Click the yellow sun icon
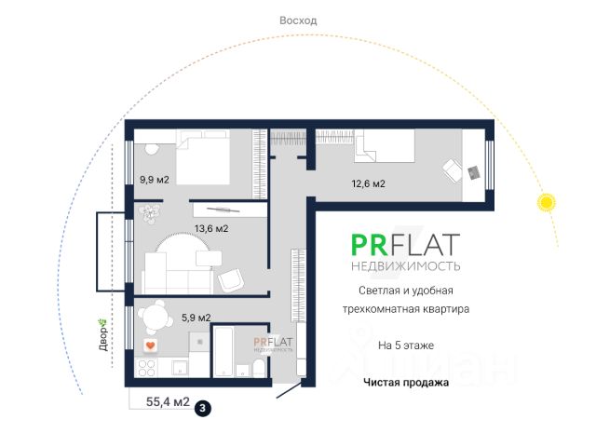pyautogui.click(x=546, y=202)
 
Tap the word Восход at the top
pyautogui.click(x=298, y=20)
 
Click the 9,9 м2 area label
pyautogui.click(x=154, y=181)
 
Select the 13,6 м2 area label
pyautogui.click(x=210, y=228)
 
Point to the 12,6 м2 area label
pyautogui.click(x=366, y=184)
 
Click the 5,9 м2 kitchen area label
pyautogui.click(x=196, y=318)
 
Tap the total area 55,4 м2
pyautogui.click(x=168, y=403)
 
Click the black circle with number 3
pyautogui.click(x=203, y=406)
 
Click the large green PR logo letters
pyautogui.click(x=371, y=245)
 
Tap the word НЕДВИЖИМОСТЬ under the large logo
pyautogui.click(x=405, y=266)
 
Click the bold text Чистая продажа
pyautogui.click(x=406, y=382)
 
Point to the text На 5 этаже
pyautogui.click(x=405, y=345)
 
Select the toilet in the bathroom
pyautogui.click(x=258, y=368)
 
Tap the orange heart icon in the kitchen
pyautogui.click(x=149, y=346)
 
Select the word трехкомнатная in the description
pyautogui.click(x=372, y=308)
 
